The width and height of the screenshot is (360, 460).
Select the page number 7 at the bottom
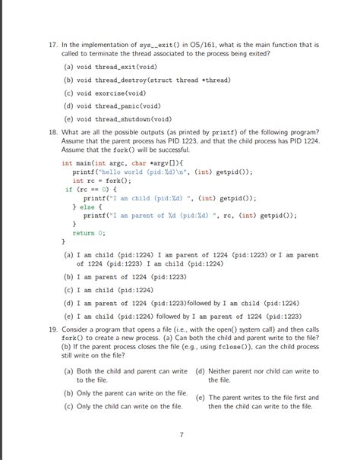(181, 435)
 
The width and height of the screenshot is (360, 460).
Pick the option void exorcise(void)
(115, 93)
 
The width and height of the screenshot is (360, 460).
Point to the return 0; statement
(90, 233)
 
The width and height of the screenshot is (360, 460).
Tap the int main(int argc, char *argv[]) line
(123, 162)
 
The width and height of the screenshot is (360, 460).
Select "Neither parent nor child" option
(263, 375)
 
